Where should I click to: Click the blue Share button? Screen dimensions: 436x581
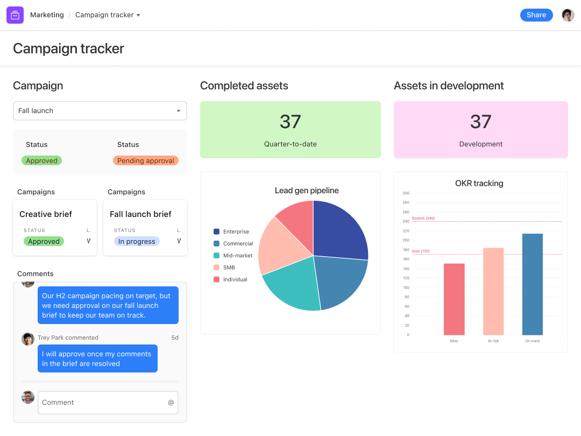[536, 15]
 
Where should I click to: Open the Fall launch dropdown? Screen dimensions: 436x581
[100, 111]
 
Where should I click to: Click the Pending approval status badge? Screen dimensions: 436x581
[145, 160]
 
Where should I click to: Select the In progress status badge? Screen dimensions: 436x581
[137, 242]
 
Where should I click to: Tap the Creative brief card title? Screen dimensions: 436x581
[46, 214]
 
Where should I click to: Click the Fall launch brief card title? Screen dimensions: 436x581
[140, 214]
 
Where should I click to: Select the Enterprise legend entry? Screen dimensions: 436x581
[236, 231]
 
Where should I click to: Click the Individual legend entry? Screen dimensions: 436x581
[235, 279]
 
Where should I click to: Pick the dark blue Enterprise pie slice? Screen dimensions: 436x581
[339, 229]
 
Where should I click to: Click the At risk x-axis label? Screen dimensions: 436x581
[493, 341]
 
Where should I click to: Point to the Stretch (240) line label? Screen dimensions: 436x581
[423, 218]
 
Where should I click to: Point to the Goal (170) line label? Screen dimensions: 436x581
[421, 251]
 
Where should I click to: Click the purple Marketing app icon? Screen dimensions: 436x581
[15, 15]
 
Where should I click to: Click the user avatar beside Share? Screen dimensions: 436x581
[568, 15]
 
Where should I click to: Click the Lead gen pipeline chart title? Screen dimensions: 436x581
[307, 191]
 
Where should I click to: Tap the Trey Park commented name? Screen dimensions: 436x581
[68, 338]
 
